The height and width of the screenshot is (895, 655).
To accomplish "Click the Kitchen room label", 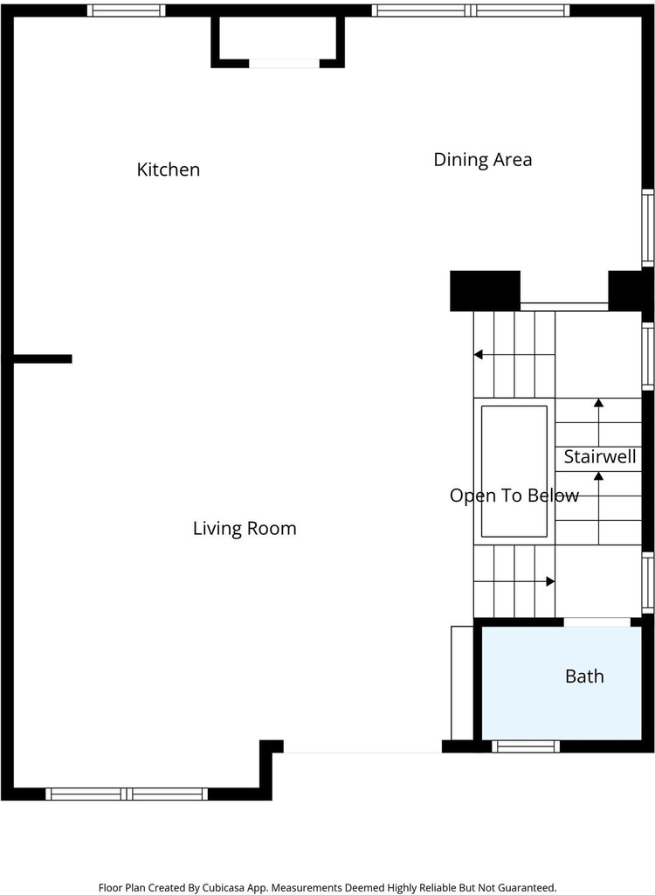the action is [169, 170].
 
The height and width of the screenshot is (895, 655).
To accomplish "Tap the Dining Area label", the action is [483, 160].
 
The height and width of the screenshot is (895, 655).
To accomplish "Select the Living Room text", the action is [245, 529].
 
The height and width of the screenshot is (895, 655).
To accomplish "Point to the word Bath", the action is [584, 676].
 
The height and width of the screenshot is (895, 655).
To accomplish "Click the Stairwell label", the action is [600, 456].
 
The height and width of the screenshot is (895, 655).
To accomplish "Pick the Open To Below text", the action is [514, 496].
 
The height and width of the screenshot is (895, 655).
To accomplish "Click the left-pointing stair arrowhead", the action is [478, 355].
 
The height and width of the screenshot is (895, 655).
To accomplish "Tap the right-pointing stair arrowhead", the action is [550, 581].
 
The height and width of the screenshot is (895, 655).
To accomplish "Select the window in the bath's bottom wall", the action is [526, 746].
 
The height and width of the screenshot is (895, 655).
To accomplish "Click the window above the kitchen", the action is [126, 10].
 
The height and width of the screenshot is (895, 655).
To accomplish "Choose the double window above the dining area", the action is [471, 10].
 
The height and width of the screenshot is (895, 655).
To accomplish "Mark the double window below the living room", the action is [127, 794].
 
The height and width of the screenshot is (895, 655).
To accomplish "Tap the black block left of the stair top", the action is [485, 291].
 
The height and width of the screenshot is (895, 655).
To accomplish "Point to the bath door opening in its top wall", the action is [596, 622].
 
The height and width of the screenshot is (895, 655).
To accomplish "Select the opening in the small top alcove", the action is [284, 63].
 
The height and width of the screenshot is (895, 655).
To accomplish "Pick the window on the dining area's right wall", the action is [648, 228].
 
